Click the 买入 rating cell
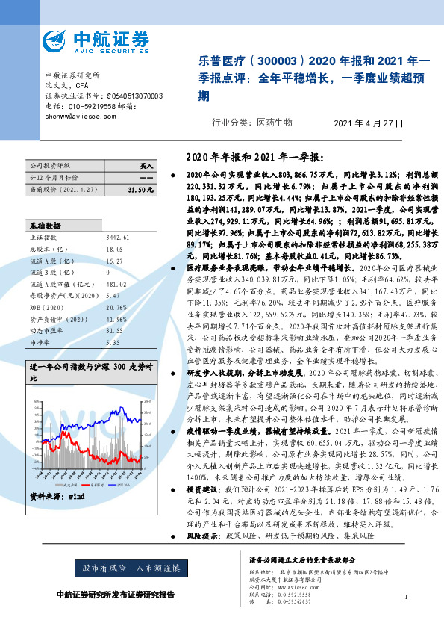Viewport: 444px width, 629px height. tap(146, 165)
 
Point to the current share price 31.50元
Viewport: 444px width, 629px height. tap(140, 190)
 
